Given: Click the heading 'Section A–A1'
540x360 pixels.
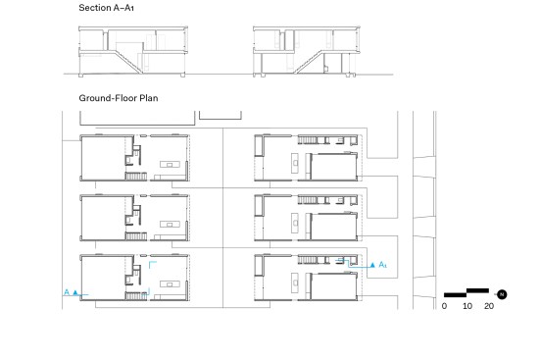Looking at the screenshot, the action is (x=106, y=8).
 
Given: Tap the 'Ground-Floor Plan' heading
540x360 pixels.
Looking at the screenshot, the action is (x=119, y=98).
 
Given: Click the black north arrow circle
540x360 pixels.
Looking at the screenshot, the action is (x=502, y=294).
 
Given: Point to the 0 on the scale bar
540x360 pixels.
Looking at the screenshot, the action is (x=444, y=306).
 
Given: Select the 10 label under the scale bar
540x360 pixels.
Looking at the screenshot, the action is (x=467, y=306).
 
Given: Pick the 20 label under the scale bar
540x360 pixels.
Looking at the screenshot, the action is (x=489, y=306).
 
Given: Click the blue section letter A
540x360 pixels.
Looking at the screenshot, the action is (x=67, y=292).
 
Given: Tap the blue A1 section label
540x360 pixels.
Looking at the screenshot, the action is (x=382, y=265).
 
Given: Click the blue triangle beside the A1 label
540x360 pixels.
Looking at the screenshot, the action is (x=372, y=265).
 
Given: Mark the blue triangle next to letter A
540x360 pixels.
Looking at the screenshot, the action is (x=75, y=292).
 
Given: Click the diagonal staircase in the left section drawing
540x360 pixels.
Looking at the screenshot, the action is (x=128, y=62).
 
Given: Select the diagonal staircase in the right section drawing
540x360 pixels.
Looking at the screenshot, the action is (x=309, y=62).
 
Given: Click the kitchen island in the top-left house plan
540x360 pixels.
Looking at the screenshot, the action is (x=170, y=164).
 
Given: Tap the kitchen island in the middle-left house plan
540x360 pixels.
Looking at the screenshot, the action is (x=170, y=224).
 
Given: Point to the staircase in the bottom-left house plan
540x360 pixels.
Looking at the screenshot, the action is (x=136, y=295).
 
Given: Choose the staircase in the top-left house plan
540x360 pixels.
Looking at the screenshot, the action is (x=136, y=177).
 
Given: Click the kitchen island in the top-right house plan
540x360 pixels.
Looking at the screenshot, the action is (x=295, y=163).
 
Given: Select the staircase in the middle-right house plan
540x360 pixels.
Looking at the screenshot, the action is (x=308, y=200).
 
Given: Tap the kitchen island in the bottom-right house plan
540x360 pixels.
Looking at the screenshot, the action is (x=295, y=283).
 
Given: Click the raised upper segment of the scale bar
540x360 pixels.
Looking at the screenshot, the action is (x=477, y=290).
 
